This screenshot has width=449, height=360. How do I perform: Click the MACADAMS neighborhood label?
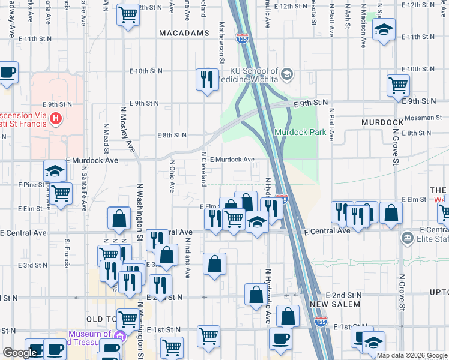click(x=184, y=33)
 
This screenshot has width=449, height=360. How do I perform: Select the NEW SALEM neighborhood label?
click(x=335, y=304)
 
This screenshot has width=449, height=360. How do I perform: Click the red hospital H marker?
click(x=56, y=118)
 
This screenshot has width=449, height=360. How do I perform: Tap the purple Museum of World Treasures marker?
click(x=119, y=334)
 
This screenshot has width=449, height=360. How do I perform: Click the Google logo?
click(x=19, y=353)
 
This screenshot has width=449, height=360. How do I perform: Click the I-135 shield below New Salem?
click(x=321, y=322)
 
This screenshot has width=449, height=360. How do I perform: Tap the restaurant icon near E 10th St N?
click(x=207, y=79)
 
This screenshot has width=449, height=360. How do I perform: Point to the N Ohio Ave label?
click(x=172, y=176)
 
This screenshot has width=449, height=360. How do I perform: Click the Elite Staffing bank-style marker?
click(x=408, y=238)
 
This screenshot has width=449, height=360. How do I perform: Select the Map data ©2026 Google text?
click(x=412, y=355)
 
